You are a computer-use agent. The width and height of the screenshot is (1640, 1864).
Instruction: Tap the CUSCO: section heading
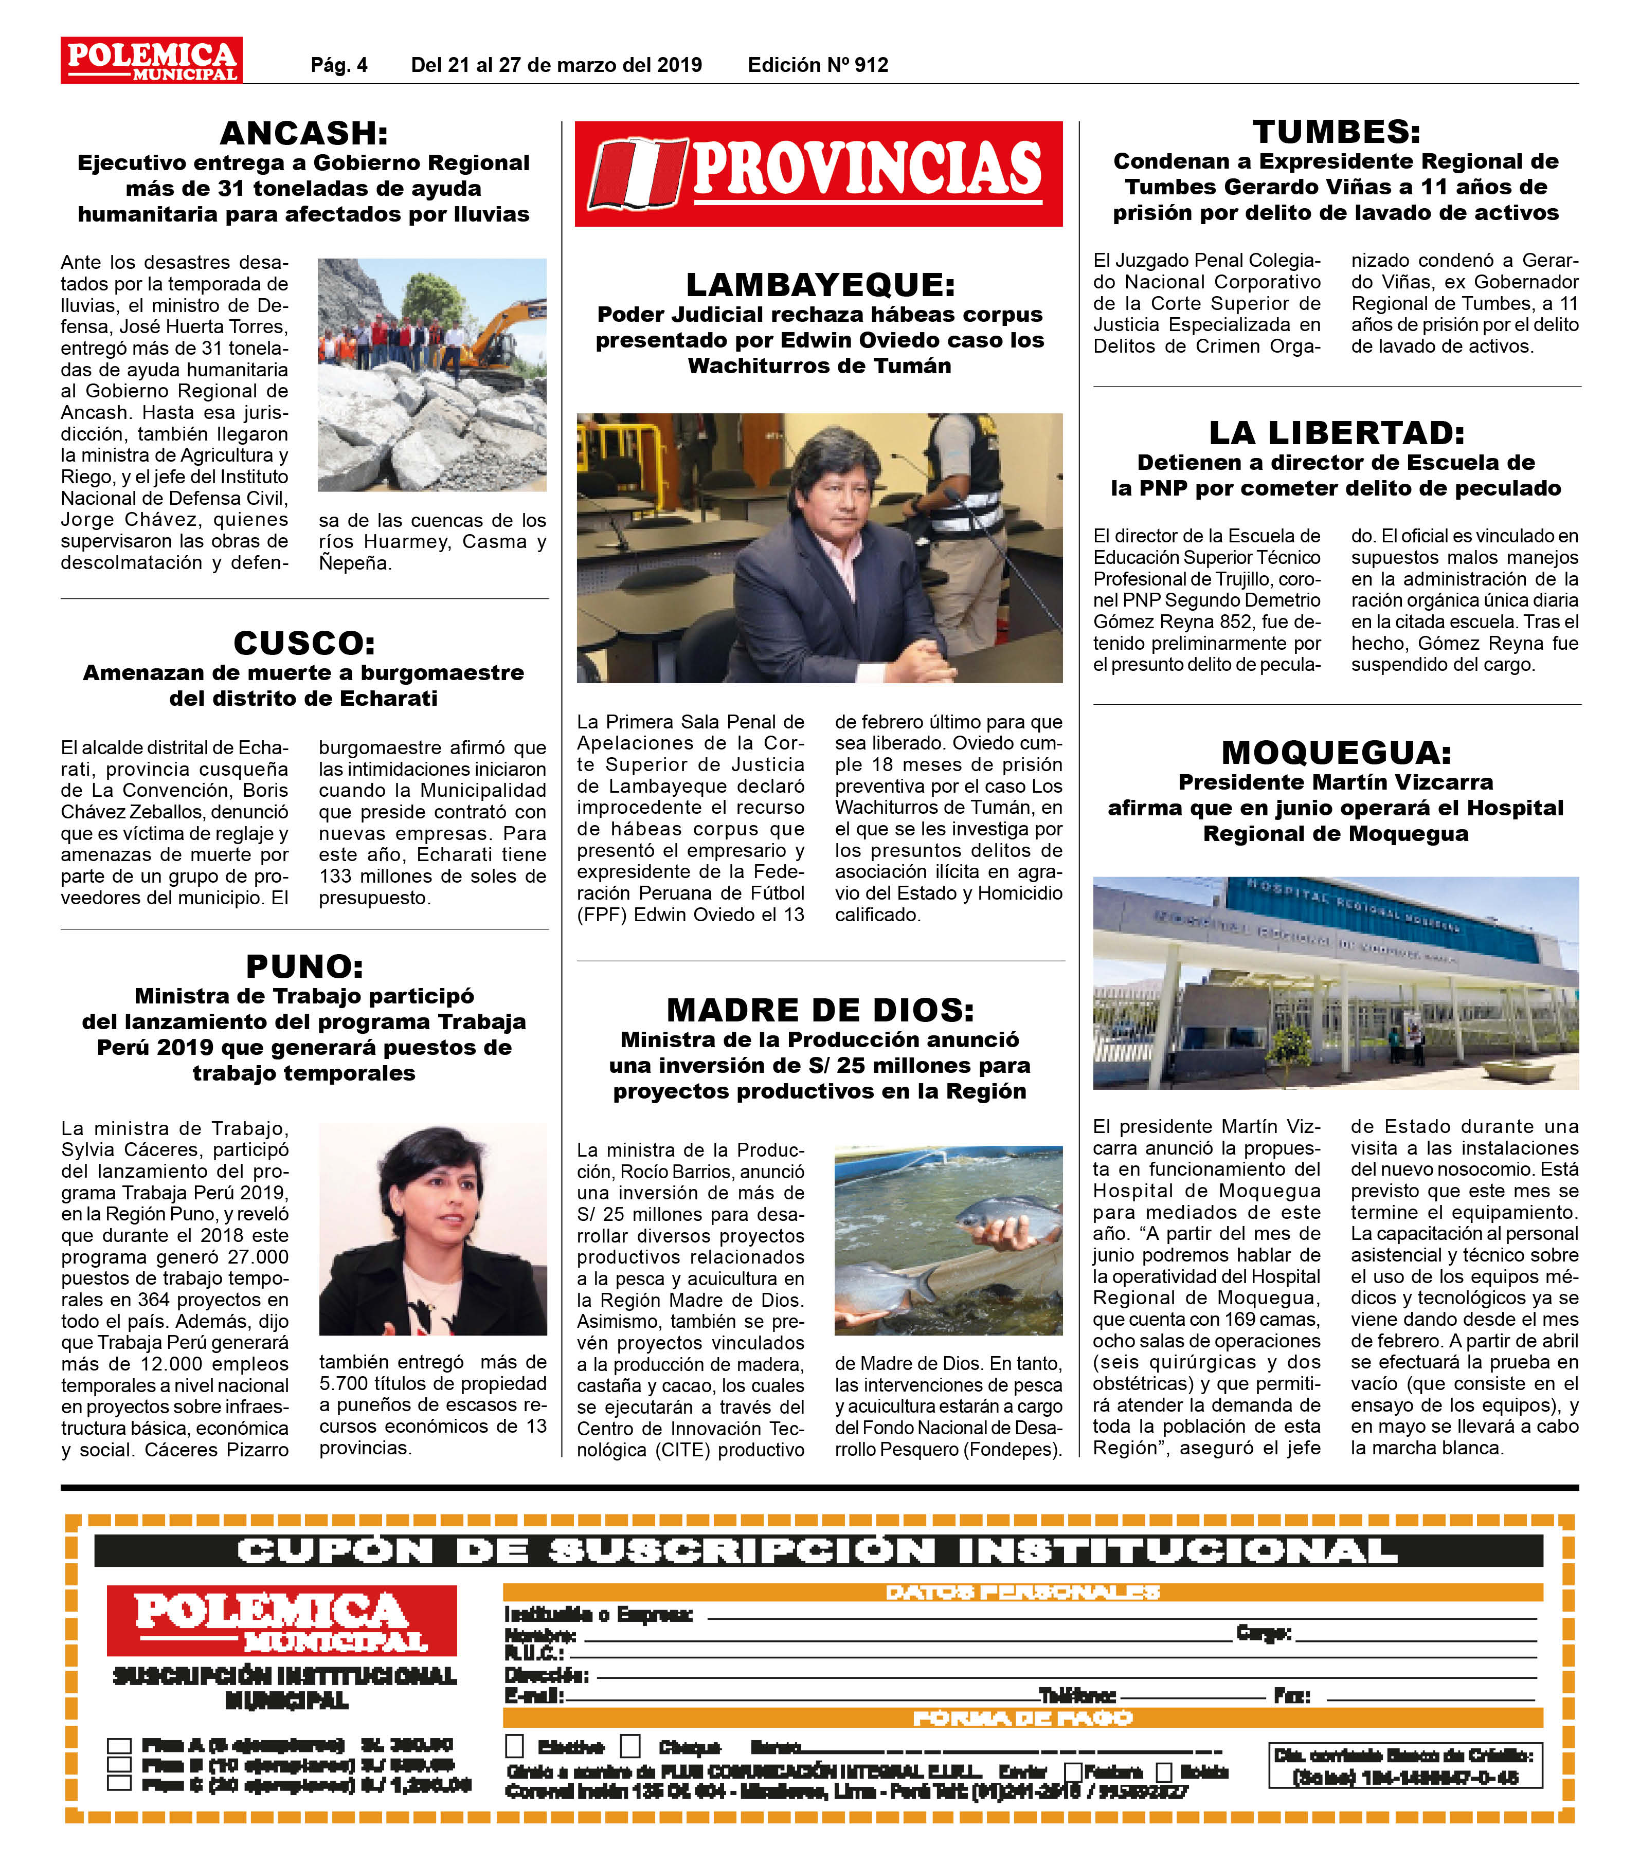click(304, 643)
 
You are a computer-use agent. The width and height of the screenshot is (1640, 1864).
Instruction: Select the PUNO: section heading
click(304, 966)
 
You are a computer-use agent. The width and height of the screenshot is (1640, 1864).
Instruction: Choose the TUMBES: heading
click(1336, 132)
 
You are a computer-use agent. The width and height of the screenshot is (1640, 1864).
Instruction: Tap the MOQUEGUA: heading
click(1336, 753)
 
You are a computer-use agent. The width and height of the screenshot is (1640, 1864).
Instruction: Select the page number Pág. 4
click(339, 65)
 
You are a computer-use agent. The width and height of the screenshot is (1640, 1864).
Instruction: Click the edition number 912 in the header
click(871, 65)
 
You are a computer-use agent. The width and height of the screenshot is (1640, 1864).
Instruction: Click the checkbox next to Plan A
click(119, 1745)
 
